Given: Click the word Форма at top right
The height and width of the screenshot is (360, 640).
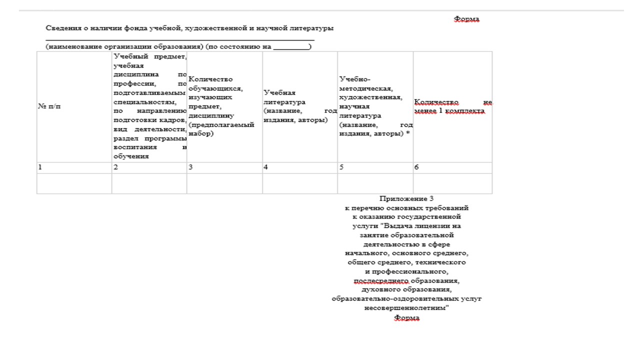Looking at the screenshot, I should click(x=466, y=19).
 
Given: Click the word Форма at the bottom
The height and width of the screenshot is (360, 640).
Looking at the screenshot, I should click(x=406, y=318).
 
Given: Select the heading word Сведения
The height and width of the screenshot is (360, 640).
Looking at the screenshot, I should click(x=61, y=28).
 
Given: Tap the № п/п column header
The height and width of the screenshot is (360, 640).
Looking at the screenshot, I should click(x=49, y=106).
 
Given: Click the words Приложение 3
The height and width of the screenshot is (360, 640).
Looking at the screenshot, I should click(x=406, y=198).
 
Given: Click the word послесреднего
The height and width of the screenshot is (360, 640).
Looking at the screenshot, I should click(x=381, y=281).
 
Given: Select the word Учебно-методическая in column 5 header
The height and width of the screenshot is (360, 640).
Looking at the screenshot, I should click(x=355, y=84).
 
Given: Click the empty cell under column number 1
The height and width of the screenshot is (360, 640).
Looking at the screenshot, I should click(x=74, y=183).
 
